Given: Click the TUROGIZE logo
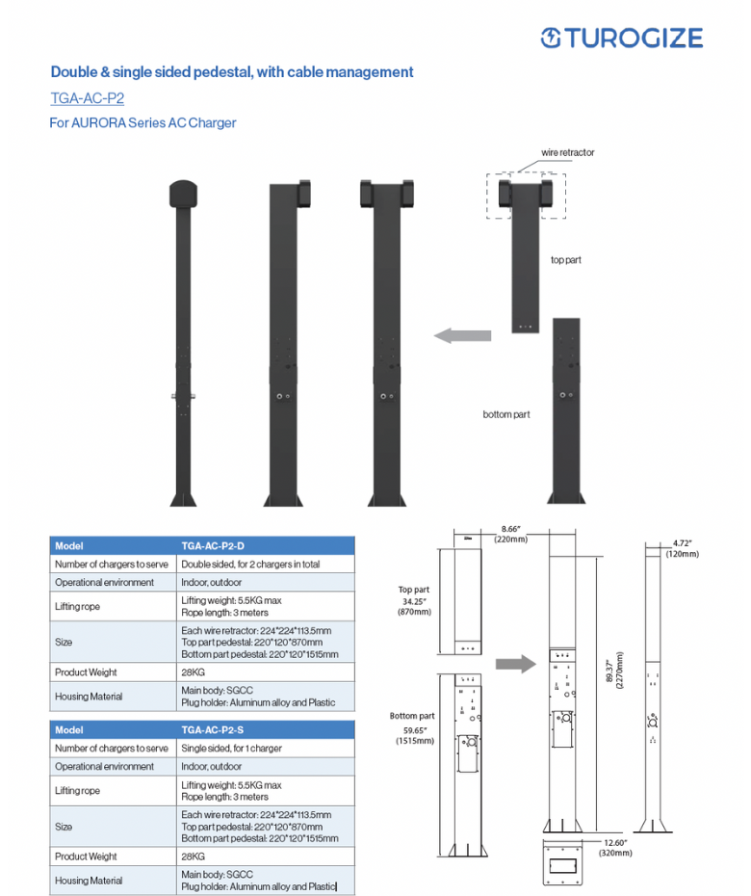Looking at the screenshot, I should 622,38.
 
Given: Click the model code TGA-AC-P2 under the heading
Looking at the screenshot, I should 88,98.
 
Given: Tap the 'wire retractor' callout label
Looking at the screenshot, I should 567,152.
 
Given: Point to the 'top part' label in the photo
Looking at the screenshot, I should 566,260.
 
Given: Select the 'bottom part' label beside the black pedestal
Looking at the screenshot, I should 506,414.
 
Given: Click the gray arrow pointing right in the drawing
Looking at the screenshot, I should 515,664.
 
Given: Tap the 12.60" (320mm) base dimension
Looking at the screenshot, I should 615,847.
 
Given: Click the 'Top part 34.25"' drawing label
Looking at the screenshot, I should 414,600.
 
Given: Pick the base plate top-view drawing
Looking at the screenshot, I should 565,862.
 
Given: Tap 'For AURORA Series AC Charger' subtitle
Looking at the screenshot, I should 142,123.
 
